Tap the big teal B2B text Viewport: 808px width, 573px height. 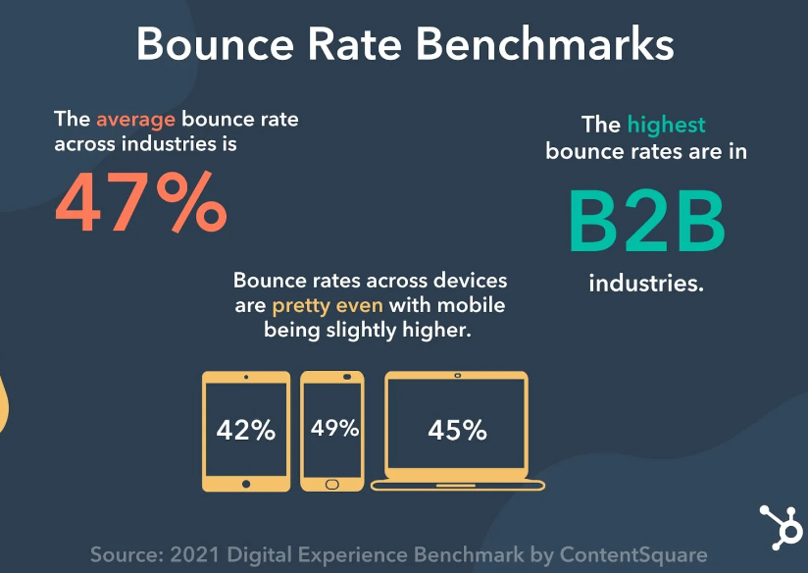[x=647, y=221]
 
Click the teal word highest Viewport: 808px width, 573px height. [x=667, y=125]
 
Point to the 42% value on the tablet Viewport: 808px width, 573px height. [x=246, y=430]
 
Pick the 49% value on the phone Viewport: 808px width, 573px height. [x=334, y=428]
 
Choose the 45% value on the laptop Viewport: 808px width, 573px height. [x=457, y=430]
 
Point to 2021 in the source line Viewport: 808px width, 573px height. [x=191, y=554]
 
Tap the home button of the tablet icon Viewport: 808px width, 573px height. [x=246, y=482]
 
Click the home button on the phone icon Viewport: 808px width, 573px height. [x=331, y=483]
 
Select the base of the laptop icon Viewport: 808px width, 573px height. [x=457, y=485]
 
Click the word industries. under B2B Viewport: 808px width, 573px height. [x=647, y=285]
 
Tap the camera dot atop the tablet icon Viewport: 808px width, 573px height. [x=246, y=377]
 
